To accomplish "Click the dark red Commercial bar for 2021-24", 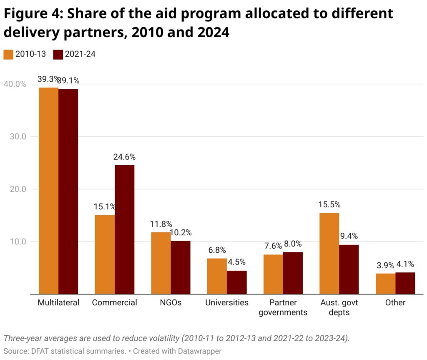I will click(124, 229).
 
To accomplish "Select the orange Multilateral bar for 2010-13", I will click(48, 191).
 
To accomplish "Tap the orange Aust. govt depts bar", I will click(329, 253).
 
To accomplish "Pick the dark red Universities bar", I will click(236, 282).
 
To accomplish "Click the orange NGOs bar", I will click(161, 263).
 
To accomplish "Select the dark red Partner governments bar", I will click(293, 273).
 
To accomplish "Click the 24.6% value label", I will click(124, 157).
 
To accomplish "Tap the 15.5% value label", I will click(329, 205).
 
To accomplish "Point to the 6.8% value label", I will click(217, 250).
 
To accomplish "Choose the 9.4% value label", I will click(349, 237).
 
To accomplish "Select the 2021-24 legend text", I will click(80, 54).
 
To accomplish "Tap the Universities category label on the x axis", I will click(227, 302).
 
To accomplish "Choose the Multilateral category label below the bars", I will click(58, 302).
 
